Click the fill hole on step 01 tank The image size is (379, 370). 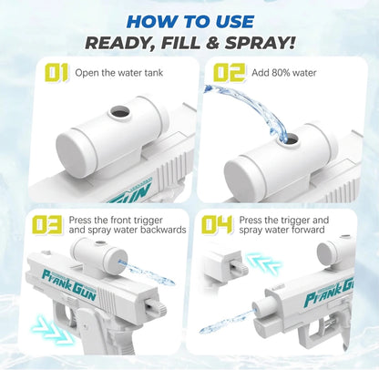click(118, 115)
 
